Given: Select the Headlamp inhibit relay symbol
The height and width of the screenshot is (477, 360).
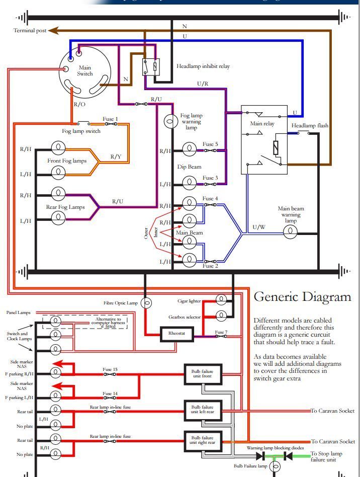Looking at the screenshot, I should pos(151,66).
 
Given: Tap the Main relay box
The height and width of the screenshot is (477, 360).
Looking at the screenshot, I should pos(264,139).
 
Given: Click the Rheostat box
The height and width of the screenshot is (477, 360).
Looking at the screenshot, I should pos(176,334).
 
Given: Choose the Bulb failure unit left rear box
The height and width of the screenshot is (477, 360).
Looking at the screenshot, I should pos(203,410).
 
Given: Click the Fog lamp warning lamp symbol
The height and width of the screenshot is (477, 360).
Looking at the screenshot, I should pos(170,121).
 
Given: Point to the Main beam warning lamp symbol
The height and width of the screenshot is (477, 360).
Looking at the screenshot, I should pos(290,231).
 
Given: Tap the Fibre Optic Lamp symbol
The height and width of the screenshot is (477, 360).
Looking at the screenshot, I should pos(147,303).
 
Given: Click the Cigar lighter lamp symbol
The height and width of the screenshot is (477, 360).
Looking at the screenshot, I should pos(221,300).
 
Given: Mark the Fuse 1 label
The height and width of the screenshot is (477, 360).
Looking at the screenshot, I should pos(111,119).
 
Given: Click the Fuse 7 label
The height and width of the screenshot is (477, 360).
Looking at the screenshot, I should pos(221,332).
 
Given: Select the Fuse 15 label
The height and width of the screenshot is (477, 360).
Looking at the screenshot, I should pos(110,370).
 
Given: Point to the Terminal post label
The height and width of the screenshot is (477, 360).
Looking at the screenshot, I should pos(30,31).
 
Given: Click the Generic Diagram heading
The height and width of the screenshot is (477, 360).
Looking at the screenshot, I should pos(302,296).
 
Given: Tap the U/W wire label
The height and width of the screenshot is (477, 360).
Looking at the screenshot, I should pos(259,227).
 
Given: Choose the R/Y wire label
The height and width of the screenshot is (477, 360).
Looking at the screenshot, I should pos(116,157).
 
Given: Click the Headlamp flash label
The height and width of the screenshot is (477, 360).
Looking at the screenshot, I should pos(309,125).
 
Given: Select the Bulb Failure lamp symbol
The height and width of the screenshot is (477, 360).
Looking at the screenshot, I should pos(275,467).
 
